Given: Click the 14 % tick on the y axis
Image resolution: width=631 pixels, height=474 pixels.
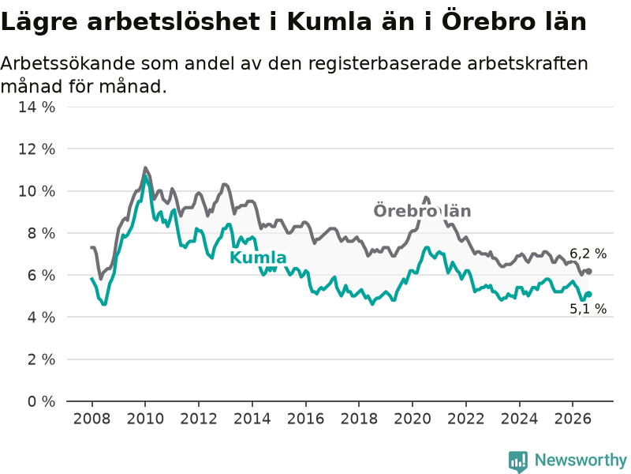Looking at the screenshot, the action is [x=36, y=107].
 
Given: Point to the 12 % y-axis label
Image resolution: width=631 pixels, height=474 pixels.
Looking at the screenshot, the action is [x=36, y=149].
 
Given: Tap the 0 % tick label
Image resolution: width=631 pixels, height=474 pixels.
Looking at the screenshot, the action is [x=41, y=401].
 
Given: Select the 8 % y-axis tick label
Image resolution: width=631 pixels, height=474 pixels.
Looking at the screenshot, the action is [x=41, y=233].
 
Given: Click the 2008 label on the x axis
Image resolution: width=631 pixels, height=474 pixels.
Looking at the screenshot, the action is [x=91, y=419].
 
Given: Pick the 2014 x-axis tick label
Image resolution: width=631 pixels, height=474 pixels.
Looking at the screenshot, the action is [x=252, y=419].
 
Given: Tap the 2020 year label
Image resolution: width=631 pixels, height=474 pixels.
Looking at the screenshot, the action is [x=412, y=419].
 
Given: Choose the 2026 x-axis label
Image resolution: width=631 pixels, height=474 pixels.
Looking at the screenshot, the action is [x=573, y=419].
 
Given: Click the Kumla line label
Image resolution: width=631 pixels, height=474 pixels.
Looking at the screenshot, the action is [x=258, y=258].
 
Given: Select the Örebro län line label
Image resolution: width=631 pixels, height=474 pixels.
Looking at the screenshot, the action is [x=422, y=211].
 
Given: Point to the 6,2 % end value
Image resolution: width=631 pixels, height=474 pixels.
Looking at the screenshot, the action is [x=588, y=254].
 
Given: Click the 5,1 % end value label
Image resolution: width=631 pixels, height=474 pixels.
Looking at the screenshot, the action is [x=588, y=309].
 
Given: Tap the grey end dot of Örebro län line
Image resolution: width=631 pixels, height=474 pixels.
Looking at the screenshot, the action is [x=588, y=272].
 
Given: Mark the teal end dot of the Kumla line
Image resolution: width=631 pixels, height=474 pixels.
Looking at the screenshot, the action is [x=588, y=295].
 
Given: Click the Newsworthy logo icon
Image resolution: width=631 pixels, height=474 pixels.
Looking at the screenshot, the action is [x=518, y=461].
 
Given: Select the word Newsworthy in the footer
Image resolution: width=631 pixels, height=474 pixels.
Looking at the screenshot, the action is [x=581, y=460].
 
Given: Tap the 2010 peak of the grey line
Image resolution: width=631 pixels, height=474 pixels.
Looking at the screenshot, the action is [x=145, y=167].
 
